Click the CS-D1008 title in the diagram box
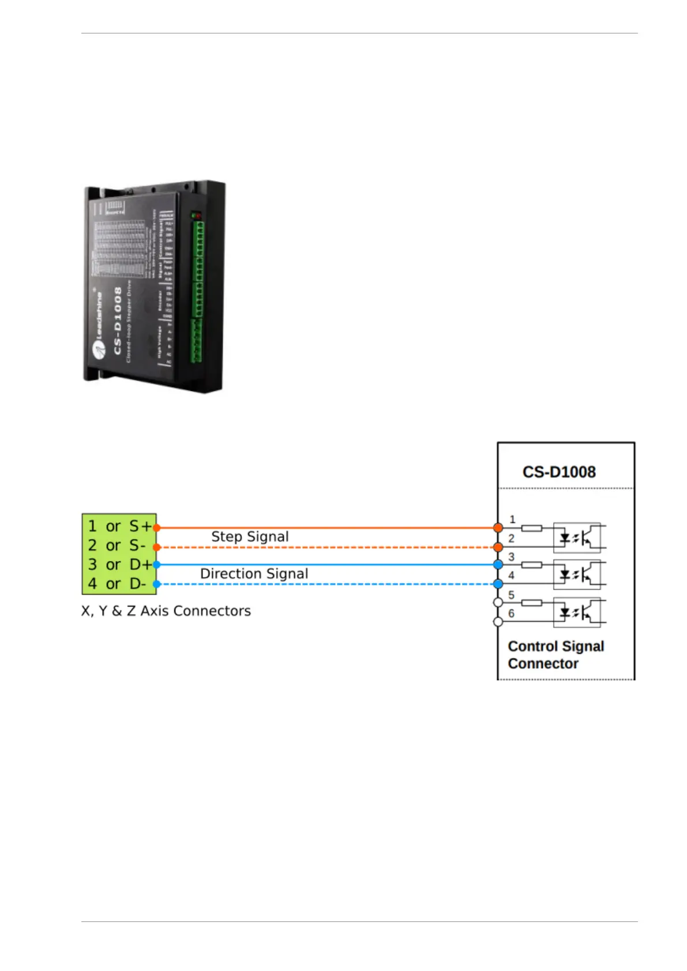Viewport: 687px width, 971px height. click(x=558, y=472)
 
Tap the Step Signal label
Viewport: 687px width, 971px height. click(x=250, y=537)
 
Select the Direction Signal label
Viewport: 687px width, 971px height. click(x=254, y=574)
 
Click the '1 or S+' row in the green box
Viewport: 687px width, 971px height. click(x=119, y=526)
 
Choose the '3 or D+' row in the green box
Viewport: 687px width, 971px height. click(x=119, y=564)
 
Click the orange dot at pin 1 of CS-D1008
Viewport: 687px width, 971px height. click(x=498, y=528)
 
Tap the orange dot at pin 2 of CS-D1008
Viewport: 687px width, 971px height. click(x=498, y=547)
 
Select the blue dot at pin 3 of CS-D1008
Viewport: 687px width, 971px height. click(x=498, y=564)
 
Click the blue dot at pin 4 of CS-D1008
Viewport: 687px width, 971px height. click(x=498, y=584)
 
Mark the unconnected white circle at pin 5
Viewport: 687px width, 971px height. click(x=498, y=603)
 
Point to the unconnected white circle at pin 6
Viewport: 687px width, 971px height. click(x=498, y=622)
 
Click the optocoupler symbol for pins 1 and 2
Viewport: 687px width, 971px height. click(x=577, y=537)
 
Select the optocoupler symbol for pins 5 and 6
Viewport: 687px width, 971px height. click(x=577, y=612)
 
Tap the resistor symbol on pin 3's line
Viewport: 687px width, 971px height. click(x=531, y=565)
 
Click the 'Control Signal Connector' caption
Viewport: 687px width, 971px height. click(x=555, y=655)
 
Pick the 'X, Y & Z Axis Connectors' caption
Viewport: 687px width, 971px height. click(x=166, y=611)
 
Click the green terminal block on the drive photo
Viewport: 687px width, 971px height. click(x=197, y=288)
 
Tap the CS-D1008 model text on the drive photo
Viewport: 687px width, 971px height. click(x=117, y=320)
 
